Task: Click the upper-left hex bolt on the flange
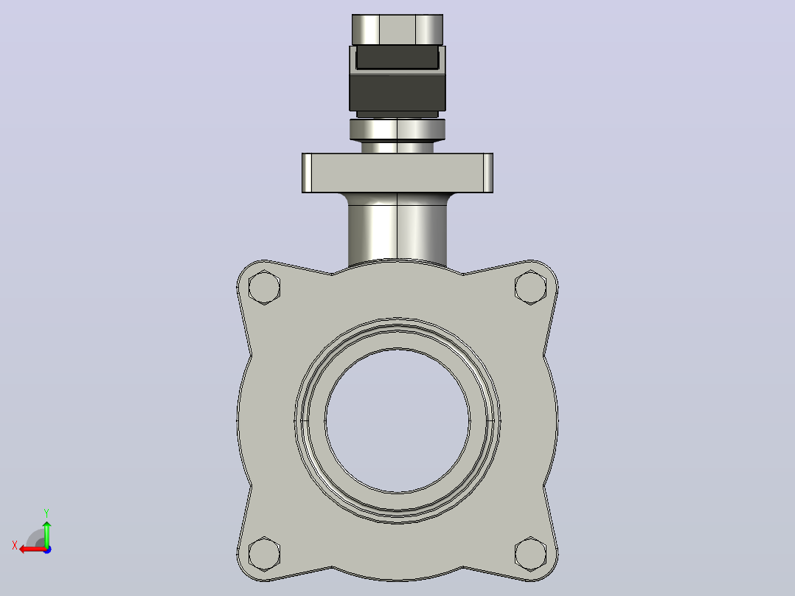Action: point(264,288)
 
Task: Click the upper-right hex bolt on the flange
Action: point(530,288)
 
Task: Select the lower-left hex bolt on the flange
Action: point(264,553)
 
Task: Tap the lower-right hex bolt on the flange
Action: point(530,553)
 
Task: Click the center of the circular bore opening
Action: point(397,420)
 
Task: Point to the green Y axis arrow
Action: point(46,533)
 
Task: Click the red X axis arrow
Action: point(32,550)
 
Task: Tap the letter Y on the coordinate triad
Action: point(46,513)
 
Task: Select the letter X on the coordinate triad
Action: point(15,545)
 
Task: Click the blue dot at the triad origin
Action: point(47,550)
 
